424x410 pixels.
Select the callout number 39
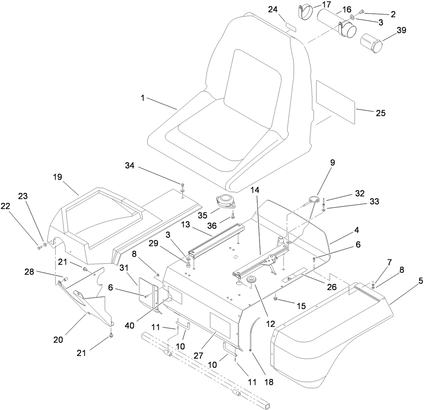(x=401, y=30)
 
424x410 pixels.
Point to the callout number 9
(x=332, y=162)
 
